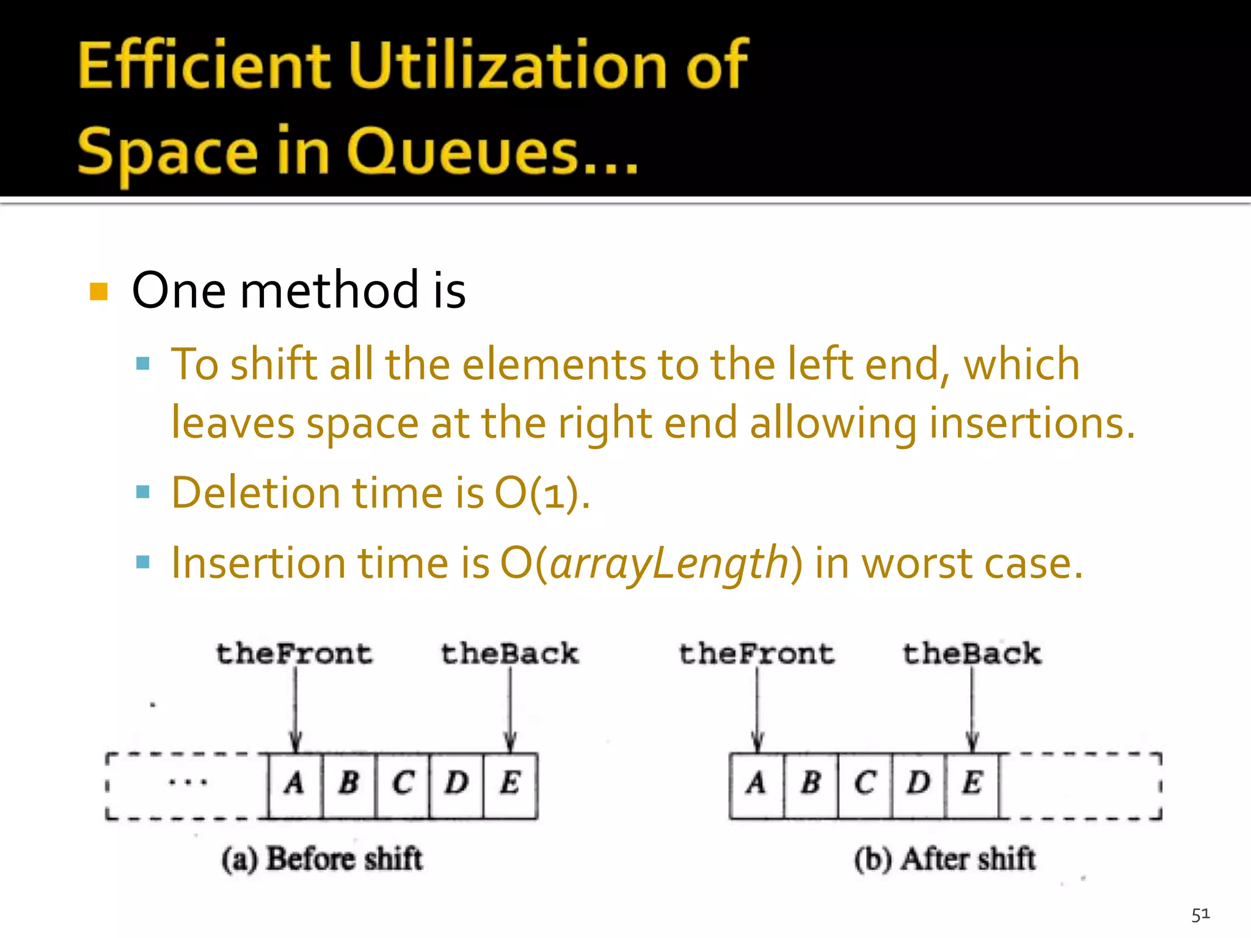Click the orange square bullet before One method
point(98,292)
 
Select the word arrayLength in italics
point(669,563)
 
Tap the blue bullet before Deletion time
point(143,492)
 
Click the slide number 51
point(1200,914)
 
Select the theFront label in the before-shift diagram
point(294,654)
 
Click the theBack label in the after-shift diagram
point(972,654)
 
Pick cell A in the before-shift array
point(295,784)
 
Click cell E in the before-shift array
point(510,784)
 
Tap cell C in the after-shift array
point(865,784)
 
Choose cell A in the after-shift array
point(757,784)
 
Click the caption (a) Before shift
point(322,859)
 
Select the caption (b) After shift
point(944,859)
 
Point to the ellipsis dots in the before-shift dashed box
point(188,782)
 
